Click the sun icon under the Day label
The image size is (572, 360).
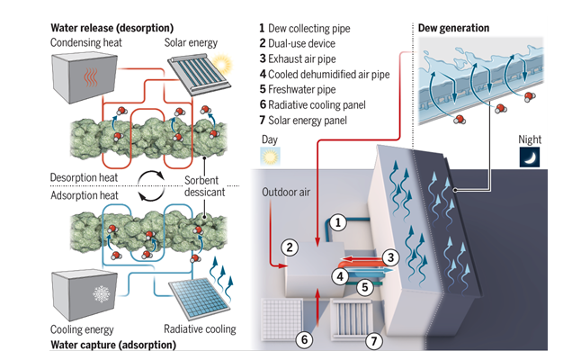(268, 156)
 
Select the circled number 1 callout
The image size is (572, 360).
(335, 221)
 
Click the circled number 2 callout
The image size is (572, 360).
(290, 246)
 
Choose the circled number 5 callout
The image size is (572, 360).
(365, 288)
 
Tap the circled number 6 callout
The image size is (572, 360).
(305, 339)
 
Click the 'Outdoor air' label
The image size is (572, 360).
(285, 192)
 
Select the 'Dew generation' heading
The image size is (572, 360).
(454, 28)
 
